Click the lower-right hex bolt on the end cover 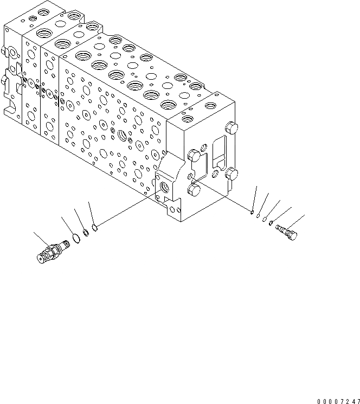233,174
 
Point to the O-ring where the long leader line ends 95,228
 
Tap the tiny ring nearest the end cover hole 253,213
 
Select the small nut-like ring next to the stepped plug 271,222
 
